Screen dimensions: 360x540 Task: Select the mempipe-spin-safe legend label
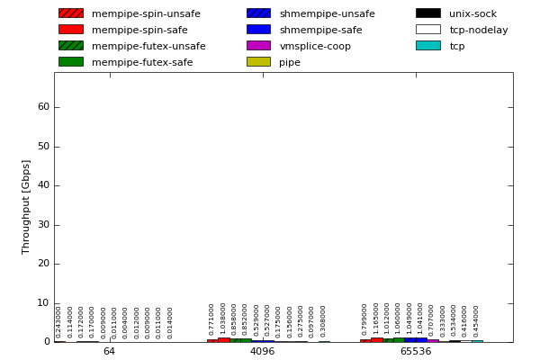[x=139, y=30]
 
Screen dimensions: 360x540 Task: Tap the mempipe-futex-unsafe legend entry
[x=148, y=46]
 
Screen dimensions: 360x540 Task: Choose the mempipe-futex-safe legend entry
[x=142, y=62]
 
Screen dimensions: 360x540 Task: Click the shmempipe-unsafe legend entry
[x=327, y=13]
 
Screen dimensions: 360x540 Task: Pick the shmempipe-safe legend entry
[x=320, y=30]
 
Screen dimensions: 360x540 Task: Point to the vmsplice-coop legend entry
[x=315, y=46]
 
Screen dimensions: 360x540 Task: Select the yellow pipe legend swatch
[x=258, y=62]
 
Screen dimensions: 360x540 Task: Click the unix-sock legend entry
[x=472, y=13]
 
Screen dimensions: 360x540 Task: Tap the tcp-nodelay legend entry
[x=478, y=30]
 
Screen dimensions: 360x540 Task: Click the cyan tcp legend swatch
[x=427, y=46]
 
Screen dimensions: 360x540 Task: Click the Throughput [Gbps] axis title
[x=27, y=207]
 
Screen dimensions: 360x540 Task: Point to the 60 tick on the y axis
[x=43, y=107]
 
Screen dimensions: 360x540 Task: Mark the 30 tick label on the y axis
[x=43, y=225]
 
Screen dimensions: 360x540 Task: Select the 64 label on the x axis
[x=109, y=352]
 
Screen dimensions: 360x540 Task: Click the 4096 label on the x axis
[x=262, y=352]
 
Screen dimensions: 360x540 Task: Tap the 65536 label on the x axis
[x=416, y=352]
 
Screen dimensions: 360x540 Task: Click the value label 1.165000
[x=376, y=319]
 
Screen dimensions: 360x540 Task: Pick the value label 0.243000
[x=59, y=321]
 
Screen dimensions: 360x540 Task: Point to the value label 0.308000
[x=323, y=321]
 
